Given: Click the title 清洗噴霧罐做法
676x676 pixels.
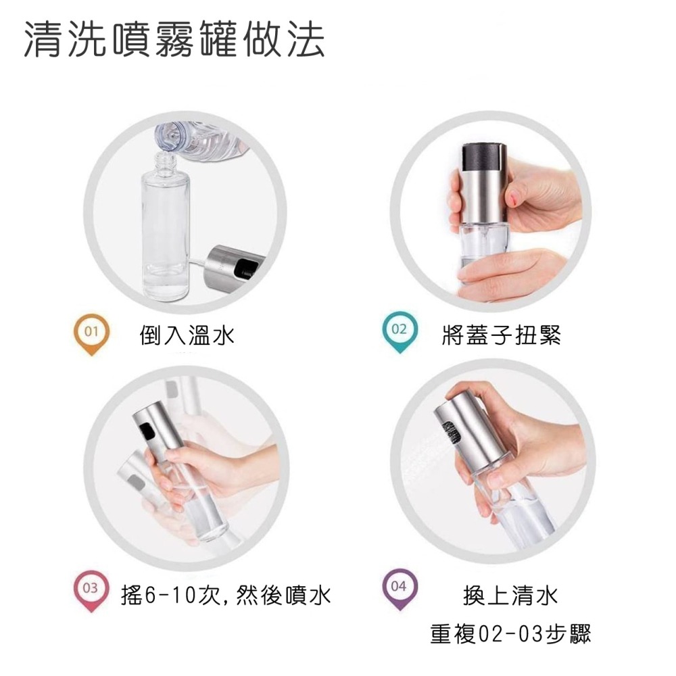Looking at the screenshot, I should click(174, 41).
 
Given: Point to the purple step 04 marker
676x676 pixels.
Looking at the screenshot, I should click(400, 587).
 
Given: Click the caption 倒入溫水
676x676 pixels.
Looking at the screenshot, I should click(187, 335).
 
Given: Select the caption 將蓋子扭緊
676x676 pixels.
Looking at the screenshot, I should click(501, 334).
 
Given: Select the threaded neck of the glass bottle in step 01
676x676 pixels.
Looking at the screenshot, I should click(163, 163).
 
